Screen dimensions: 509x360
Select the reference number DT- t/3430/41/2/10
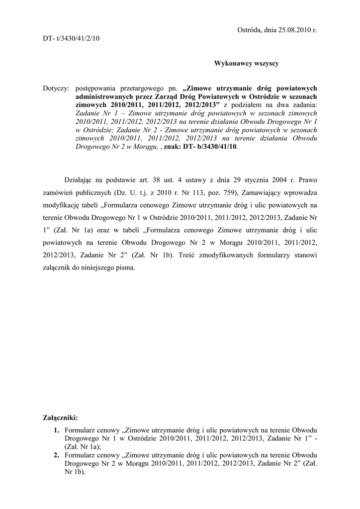pyautogui.click(x=71, y=38)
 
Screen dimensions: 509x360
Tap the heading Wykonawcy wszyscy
pyautogui.click(x=246, y=63)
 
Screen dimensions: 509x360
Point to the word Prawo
pyautogui.click(x=306, y=180)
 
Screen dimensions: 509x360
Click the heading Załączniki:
pyautogui.click(x=61, y=418)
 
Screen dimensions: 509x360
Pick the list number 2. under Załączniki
pyautogui.click(x=56, y=455)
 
